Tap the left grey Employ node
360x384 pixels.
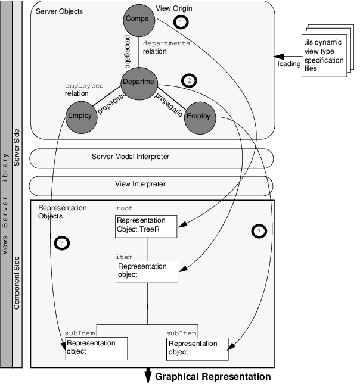tap(80, 115)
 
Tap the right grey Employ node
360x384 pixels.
tap(198, 115)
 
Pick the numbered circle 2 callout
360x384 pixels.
tap(190, 80)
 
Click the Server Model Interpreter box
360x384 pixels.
tap(151, 157)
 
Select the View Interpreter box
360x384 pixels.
tap(151, 185)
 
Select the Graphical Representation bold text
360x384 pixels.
tap(213, 377)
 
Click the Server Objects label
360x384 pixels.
tap(60, 12)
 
